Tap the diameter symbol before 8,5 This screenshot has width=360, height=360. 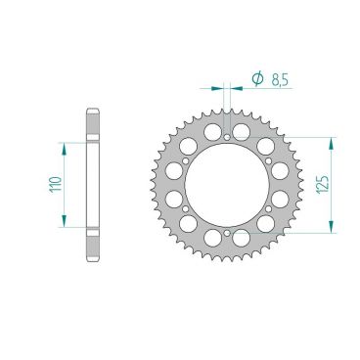pos(256,76)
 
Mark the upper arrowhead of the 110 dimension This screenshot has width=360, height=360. pos(68,145)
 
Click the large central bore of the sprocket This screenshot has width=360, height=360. pos(227,185)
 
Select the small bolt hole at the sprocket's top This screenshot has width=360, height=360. pos(227,124)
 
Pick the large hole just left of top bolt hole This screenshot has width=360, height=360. pos(211,130)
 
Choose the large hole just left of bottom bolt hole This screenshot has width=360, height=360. pos(211,238)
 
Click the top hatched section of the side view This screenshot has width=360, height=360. pos(93,125)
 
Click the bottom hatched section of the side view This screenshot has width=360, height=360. pos(93,244)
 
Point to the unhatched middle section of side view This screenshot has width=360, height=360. pos(93,184)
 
